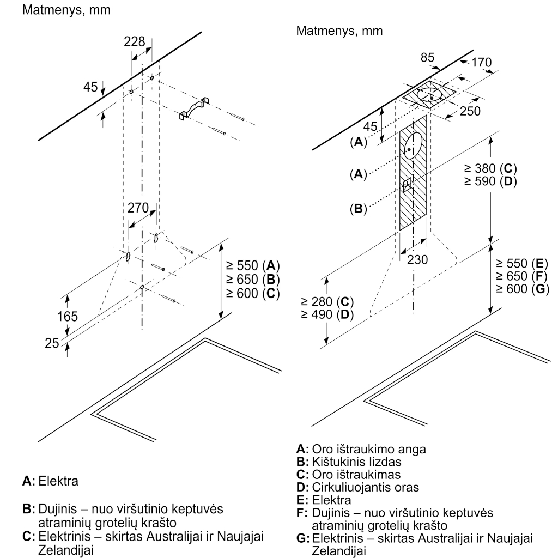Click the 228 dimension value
[135, 41]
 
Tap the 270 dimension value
[138, 208]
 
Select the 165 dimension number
[67, 316]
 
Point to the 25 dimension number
[52, 343]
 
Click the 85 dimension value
[427, 57]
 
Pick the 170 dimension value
[482, 62]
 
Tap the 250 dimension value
[470, 111]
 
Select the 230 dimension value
[417, 260]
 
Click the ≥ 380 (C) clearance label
[490, 168]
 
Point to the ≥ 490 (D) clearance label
[327, 314]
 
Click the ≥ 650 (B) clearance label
[253, 279]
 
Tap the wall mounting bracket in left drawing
[193, 108]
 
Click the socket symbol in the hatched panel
[407, 185]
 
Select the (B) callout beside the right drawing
[359, 208]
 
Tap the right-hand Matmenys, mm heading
[339, 31]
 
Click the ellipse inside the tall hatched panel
[413, 146]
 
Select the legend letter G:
[303, 538]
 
